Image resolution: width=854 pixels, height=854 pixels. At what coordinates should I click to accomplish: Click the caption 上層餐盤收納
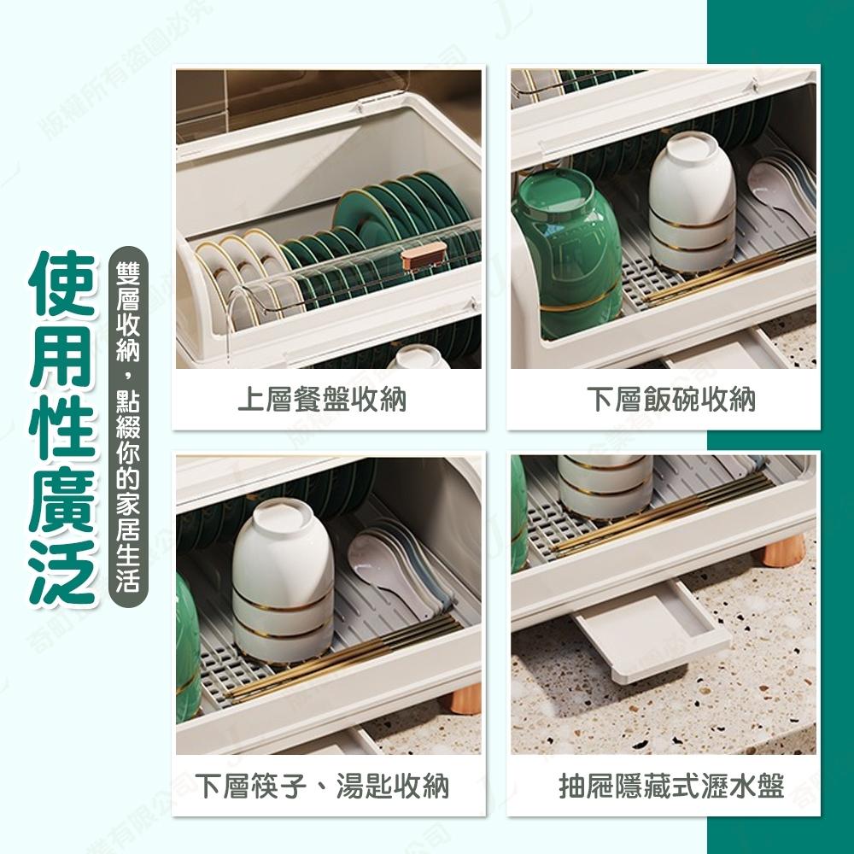pos(321,400)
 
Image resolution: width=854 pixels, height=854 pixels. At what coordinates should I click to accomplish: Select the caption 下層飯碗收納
pos(671,400)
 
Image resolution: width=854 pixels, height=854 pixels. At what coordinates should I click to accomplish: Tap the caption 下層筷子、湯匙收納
pos(322,785)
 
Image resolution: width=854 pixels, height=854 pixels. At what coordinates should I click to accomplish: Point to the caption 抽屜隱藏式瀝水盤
pos(671,785)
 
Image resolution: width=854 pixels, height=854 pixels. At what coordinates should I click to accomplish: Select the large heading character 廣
pos(61,500)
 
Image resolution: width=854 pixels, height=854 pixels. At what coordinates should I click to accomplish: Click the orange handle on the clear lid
pos(424,254)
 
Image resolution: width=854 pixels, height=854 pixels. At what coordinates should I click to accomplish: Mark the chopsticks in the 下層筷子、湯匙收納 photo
pos(342,658)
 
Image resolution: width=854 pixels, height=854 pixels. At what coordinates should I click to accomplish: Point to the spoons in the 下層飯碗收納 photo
pos(781,184)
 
